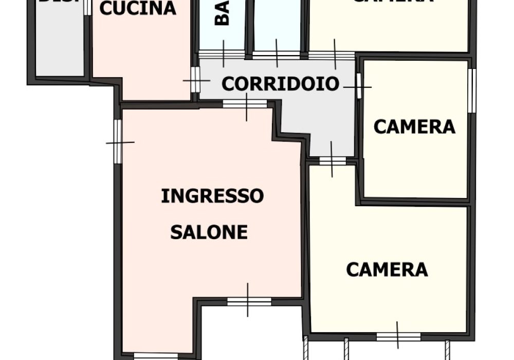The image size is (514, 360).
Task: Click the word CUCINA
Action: tap(138, 8)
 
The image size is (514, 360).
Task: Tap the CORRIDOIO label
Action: tap(281, 83)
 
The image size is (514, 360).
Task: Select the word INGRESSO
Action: tap(212, 196)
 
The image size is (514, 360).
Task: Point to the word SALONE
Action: tap(209, 232)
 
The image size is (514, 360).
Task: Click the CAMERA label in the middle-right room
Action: tap(414, 127)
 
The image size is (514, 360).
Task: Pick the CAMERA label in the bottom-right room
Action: tap(387, 269)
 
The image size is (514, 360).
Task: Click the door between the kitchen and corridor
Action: tap(195, 80)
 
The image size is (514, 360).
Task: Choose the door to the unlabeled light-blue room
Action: tap(276, 53)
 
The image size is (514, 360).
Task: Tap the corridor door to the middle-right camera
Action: tap(358, 86)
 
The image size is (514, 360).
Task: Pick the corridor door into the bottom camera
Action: tap(332, 160)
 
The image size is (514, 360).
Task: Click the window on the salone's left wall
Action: tap(118, 141)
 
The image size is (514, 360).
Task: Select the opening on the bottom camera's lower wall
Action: tap(398, 337)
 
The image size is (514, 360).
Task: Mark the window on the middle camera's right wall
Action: tap(471, 91)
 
